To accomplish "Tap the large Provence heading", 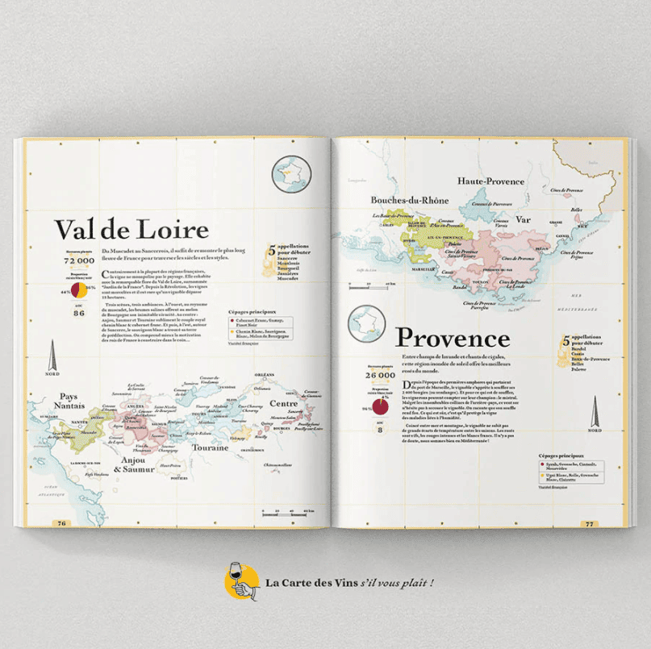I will [x=453, y=337].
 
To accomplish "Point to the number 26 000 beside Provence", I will [x=380, y=375].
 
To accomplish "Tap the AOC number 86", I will [x=79, y=313].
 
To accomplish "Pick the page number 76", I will [x=61, y=523].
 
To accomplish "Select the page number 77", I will [x=589, y=523].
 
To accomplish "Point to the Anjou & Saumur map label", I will [x=133, y=465].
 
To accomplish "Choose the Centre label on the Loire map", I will [x=284, y=403].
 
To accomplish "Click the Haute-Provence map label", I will [x=491, y=181].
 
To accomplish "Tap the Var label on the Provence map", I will [x=523, y=218].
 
